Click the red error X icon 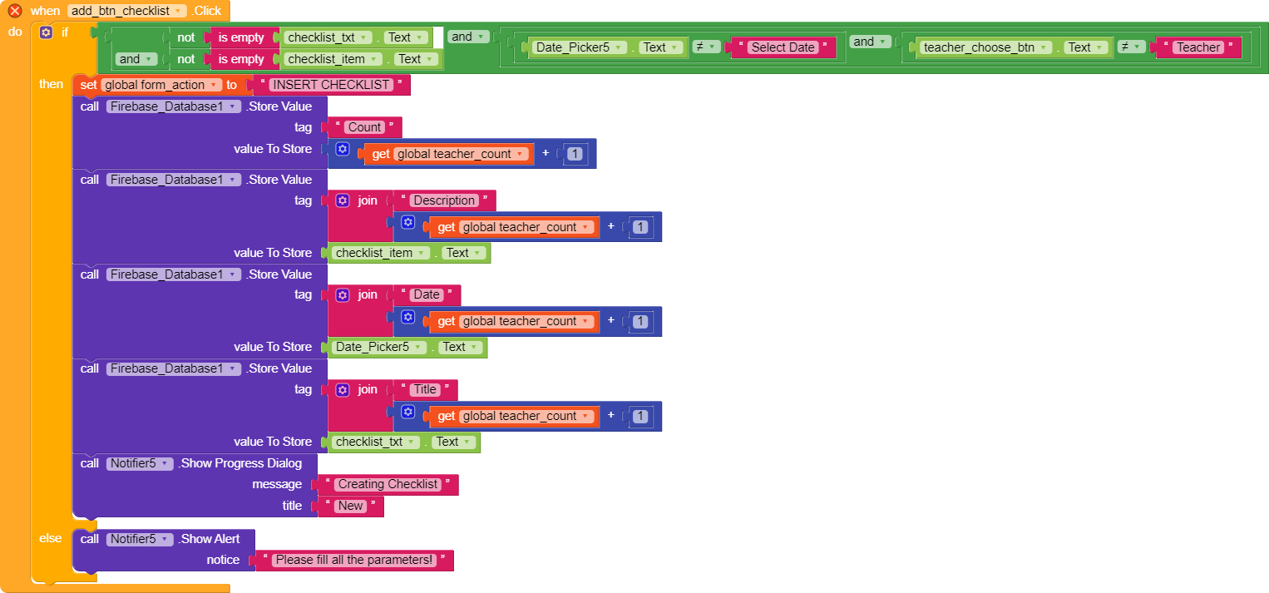[x=15, y=11]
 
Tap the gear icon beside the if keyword [x=46, y=32]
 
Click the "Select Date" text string [x=783, y=47]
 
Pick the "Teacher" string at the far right [x=1198, y=47]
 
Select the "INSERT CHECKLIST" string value [x=331, y=85]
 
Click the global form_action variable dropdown [x=160, y=85]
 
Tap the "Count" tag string [x=364, y=127]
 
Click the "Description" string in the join [x=444, y=200]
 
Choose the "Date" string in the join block [x=427, y=294]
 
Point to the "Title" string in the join [x=425, y=390]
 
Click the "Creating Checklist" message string [x=388, y=484]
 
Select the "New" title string [x=351, y=506]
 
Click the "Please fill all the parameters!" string [x=354, y=561]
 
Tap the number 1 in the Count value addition [x=575, y=154]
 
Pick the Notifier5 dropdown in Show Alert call [x=140, y=539]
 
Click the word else [x=51, y=539]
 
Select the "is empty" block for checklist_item [x=241, y=60]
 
